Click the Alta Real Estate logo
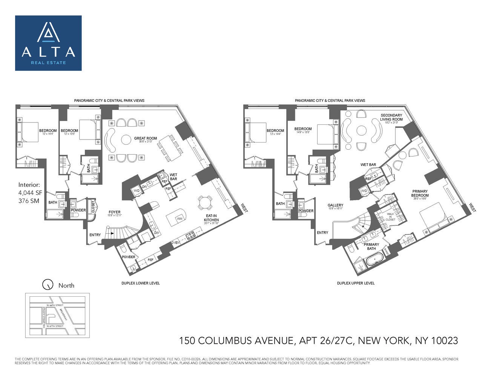click(x=48, y=43)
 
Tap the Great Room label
click(x=145, y=139)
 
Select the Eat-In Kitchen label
click(x=211, y=218)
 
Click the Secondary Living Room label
click(x=391, y=118)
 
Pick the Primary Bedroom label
click(x=420, y=193)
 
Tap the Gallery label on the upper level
click(x=335, y=205)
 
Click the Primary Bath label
click(x=371, y=247)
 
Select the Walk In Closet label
click(x=390, y=217)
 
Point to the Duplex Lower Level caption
click(x=140, y=283)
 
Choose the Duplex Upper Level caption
click(x=356, y=283)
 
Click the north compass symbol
click(x=48, y=285)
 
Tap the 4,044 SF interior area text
click(x=30, y=193)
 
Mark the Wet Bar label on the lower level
click(x=173, y=177)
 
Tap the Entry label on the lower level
click(x=95, y=235)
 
